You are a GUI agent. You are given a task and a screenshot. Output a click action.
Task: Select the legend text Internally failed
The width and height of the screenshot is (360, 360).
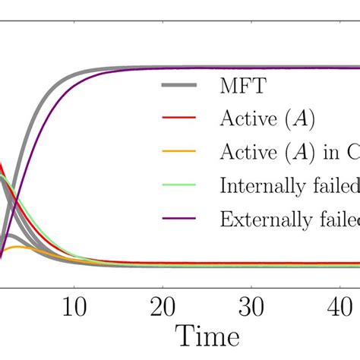289,186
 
